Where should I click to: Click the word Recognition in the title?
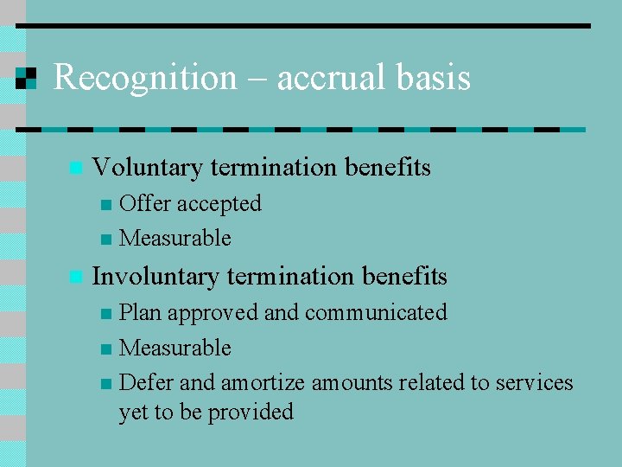point(144,78)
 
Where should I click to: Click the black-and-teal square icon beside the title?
point(27,78)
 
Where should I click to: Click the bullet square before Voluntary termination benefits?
point(75,167)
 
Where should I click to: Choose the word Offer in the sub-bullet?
point(144,203)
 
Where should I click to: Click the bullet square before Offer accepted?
point(105,205)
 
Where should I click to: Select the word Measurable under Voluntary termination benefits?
point(175,238)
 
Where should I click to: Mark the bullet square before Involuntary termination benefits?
point(75,277)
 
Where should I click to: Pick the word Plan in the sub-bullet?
point(140,312)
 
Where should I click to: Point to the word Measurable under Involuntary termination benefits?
point(175,348)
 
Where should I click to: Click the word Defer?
point(144,382)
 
